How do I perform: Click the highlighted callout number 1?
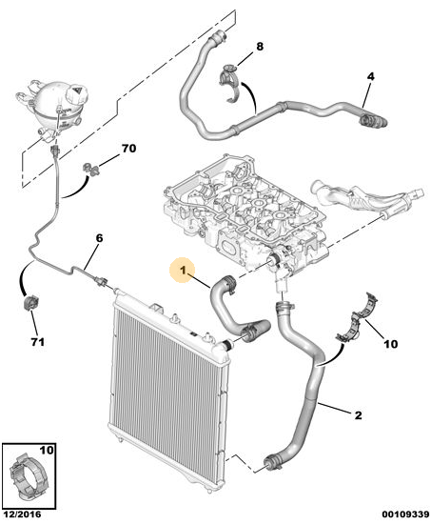coord(183,271)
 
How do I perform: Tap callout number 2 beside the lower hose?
coord(358,415)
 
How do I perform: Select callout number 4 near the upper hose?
coord(370,76)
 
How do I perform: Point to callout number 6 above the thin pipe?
coord(99,238)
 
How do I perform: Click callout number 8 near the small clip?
coord(260,47)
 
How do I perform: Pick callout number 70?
coord(128,148)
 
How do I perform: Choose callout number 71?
coord(37,342)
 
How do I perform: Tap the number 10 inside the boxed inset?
coord(47,450)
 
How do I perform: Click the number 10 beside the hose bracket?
coord(390,344)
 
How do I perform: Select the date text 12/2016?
coord(22,514)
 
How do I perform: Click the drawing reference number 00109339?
coord(405,514)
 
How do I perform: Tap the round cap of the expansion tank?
coord(76,92)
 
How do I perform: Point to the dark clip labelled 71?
coord(30,302)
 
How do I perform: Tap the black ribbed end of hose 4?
coord(373,121)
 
